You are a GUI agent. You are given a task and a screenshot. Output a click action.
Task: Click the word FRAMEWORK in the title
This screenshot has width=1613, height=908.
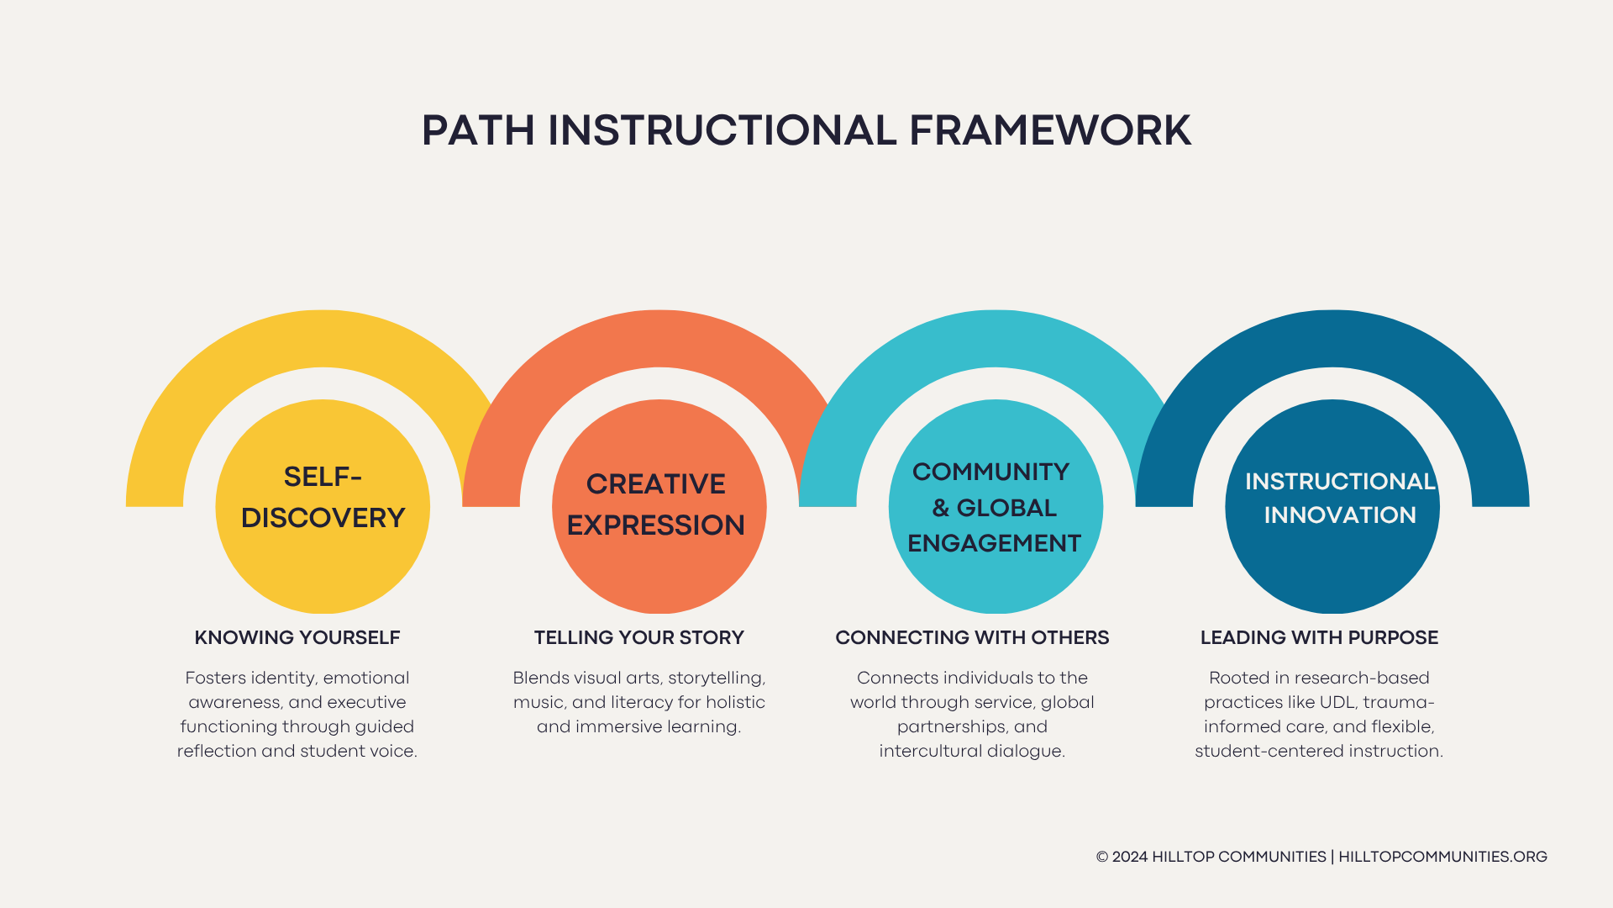pos(1049,131)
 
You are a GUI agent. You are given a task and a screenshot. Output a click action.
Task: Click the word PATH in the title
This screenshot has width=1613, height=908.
pos(477,131)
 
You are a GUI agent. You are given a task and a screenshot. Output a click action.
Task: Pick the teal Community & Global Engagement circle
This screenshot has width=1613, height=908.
pos(996,580)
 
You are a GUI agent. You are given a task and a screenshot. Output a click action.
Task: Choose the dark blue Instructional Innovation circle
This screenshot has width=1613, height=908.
pos(1332,563)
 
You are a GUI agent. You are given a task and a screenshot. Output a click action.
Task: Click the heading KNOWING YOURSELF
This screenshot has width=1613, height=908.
pos(297,637)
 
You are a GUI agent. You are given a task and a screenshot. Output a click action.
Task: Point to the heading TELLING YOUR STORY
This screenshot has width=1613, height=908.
pos(639,637)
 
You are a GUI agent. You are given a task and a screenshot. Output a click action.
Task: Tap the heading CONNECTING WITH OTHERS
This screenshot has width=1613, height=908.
pos(972,637)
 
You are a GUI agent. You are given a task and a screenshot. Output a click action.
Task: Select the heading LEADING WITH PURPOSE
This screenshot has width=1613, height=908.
pos(1319,637)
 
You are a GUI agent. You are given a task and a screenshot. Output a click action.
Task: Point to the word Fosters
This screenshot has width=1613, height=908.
pos(215,678)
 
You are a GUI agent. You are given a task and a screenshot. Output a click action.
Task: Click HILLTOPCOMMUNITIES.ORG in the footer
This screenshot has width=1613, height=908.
pos(1442,857)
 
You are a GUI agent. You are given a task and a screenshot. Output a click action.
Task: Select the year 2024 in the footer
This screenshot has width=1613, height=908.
pos(1130,857)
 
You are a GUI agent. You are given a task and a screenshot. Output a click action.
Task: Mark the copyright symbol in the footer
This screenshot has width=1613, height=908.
pos(1102,857)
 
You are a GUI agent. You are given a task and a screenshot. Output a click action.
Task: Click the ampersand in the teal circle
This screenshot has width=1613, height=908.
pos(940,508)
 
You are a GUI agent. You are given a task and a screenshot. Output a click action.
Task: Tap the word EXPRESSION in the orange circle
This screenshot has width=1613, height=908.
pos(656,525)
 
